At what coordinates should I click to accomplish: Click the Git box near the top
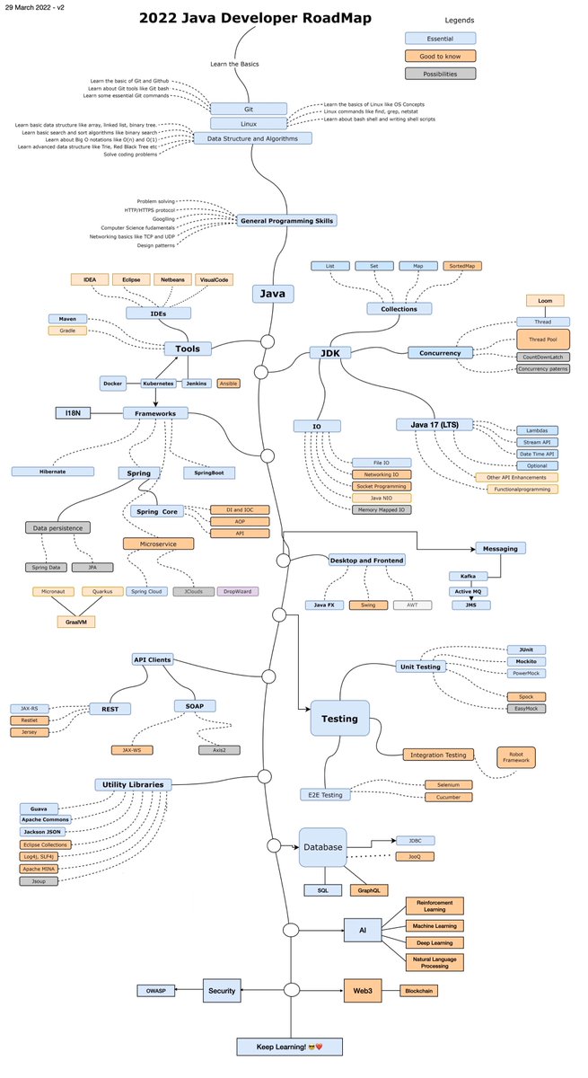249,108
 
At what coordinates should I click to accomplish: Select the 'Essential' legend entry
440,39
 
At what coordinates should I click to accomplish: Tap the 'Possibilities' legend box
440,74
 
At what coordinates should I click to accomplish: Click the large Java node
272,293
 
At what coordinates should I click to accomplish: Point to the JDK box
329,353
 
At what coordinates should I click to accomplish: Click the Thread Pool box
542,339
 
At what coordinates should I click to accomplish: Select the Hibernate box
52,471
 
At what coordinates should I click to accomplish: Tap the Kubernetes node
158,383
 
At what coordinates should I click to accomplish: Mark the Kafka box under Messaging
469,576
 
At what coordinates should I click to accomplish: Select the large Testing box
339,719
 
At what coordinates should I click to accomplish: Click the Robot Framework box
515,756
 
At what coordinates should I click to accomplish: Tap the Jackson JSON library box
45,832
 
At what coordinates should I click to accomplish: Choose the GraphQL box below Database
367,890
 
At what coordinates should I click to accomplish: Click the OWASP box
154,991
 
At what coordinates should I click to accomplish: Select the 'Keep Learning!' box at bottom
289,1047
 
